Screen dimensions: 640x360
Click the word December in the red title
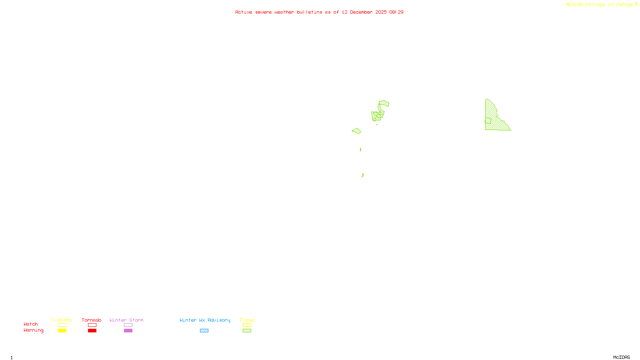tap(361, 12)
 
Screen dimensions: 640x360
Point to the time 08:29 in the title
tap(396, 12)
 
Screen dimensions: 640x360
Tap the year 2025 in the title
tap(381, 12)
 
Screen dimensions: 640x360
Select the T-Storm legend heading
tap(62, 320)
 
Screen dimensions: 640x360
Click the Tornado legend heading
tap(92, 320)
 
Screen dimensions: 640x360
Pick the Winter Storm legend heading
tap(126, 320)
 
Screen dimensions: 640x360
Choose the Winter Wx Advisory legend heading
tap(205, 320)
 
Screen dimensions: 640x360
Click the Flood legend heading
tap(247, 320)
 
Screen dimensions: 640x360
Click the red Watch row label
tap(31, 324)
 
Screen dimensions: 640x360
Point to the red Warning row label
tap(33, 330)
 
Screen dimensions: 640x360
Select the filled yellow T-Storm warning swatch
tap(62, 331)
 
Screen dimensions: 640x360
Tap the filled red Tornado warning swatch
tap(92, 331)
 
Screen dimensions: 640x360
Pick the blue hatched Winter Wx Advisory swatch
tap(204, 331)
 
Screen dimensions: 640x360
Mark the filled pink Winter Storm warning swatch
tap(128, 331)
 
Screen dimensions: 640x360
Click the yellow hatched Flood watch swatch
tap(247, 325)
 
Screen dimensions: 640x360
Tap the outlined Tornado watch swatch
tap(92, 325)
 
